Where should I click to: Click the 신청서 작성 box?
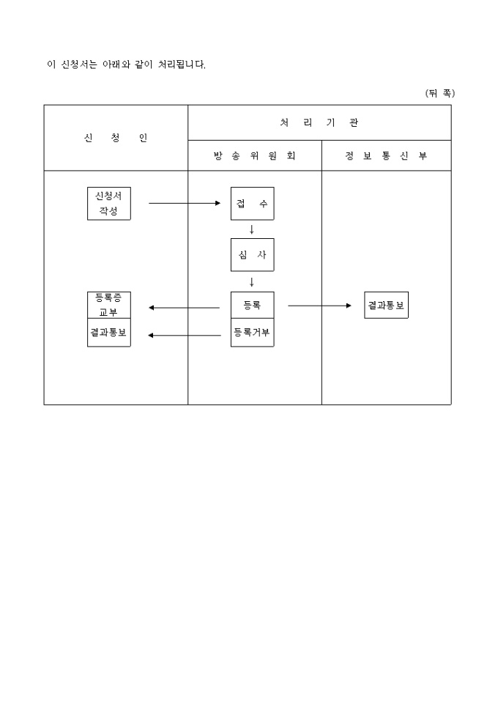click(108, 203)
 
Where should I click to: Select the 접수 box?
click(252, 203)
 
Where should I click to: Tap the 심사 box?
click(252, 254)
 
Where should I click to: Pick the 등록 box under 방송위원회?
click(252, 305)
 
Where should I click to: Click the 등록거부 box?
click(252, 332)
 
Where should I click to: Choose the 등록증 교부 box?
click(108, 305)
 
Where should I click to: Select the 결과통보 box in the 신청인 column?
click(108, 332)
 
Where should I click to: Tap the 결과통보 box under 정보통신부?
click(386, 305)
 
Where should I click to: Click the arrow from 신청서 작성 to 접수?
click(184, 203)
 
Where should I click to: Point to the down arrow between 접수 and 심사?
click(252, 229)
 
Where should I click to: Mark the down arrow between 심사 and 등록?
click(252, 281)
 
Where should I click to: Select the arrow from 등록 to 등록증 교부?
click(184, 308)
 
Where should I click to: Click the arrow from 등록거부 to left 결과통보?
click(184, 336)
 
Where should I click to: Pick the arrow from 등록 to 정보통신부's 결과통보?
click(319, 305)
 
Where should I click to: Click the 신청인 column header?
click(116, 138)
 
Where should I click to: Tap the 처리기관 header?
click(319, 122)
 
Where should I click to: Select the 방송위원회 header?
click(255, 156)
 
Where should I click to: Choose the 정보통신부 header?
click(386, 156)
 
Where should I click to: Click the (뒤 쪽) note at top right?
click(439, 93)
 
